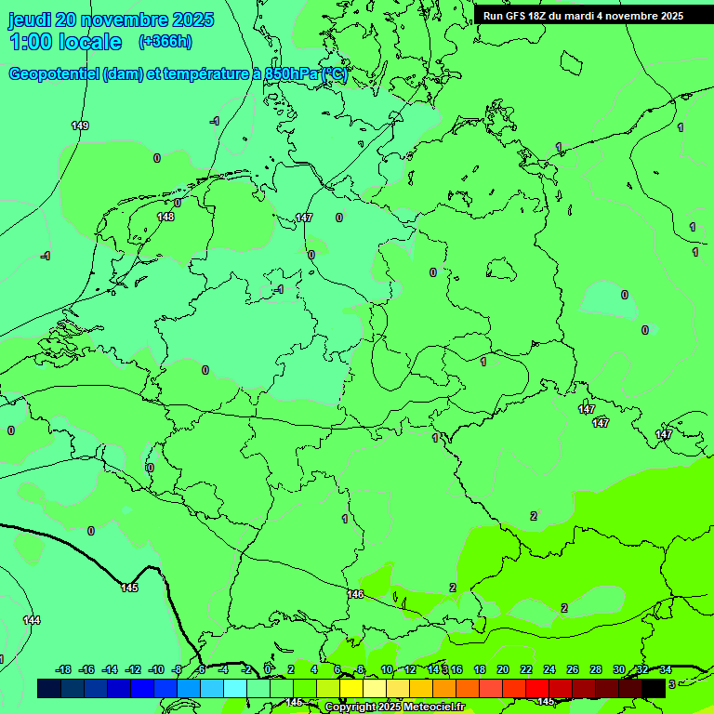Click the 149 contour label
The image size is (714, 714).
pyautogui.click(x=80, y=126)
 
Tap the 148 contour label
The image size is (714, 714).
pyautogui.click(x=165, y=217)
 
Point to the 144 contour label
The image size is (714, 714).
pyautogui.click(x=32, y=620)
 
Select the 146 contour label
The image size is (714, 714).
pyautogui.click(x=355, y=594)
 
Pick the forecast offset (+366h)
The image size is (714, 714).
pyautogui.click(x=165, y=42)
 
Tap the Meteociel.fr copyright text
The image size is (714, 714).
pyautogui.click(x=394, y=707)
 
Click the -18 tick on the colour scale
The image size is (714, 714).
pyautogui.click(x=64, y=669)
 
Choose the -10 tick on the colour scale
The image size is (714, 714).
pyautogui.click(x=156, y=669)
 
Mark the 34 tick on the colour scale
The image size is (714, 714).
pyautogui.click(x=666, y=669)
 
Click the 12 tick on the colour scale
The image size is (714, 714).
pyautogui.click(x=410, y=669)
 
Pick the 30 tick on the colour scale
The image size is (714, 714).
pyautogui.click(x=619, y=669)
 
